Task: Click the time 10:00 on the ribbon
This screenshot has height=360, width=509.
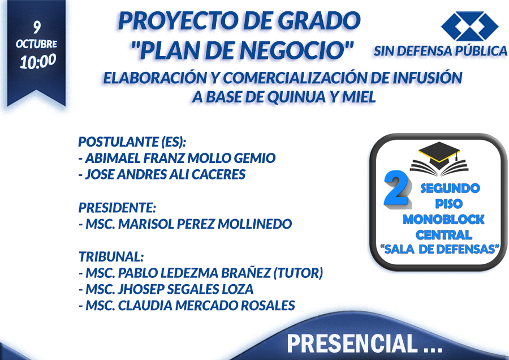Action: pyautogui.click(x=38, y=61)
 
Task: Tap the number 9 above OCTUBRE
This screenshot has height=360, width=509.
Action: pyautogui.click(x=37, y=27)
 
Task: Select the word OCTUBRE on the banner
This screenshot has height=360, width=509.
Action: pyautogui.click(x=36, y=44)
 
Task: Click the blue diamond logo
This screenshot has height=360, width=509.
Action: pyautogui.click(x=469, y=26)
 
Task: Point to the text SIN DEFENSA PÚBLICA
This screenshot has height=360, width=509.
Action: pyautogui.click(x=441, y=51)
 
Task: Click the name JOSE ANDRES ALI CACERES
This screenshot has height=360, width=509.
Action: pyautogui.click(x=165, y=174)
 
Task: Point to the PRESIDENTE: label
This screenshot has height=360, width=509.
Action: pyautogui.click(x=117, y=208)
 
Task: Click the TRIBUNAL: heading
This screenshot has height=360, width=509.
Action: pyautogui.click(x=111, y=256)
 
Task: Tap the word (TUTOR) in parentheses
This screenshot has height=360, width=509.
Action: pyautogui.click(x=298, y=273)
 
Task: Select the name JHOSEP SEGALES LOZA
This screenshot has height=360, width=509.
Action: pyautogui.click(x=186, y=289)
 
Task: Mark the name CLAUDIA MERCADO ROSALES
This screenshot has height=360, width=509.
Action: pyautogui.click(x=206, y=306)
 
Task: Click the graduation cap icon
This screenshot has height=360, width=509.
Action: pyautogui.click(x=439, y=158)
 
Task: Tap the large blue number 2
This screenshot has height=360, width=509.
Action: pyautogui.click(x=397, y=190)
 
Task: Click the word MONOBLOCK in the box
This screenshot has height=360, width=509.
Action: pyautogui.click(x=443, y=220)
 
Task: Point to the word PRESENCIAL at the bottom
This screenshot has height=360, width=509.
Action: pyautogui.click(x=352, y=344)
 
